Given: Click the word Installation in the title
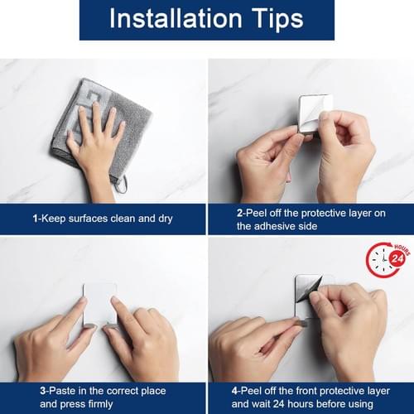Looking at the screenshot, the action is [176, 18].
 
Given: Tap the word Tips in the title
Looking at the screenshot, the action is [277, 19].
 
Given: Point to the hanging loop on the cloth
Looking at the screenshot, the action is [122, 184].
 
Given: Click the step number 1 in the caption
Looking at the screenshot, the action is [35, 219].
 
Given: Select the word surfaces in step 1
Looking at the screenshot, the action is [88, 219].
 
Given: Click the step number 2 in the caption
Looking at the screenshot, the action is [239, 213].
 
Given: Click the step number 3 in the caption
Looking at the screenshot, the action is [43, 391].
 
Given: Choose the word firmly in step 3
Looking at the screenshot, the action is [100, 404].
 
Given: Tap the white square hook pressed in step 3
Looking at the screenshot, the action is [100, 304].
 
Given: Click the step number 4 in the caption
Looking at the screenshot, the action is [234, 391].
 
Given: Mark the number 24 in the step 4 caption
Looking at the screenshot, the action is [278, 404].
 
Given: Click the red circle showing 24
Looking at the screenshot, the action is [397, 258].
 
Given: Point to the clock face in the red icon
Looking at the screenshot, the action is [383, 260].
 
